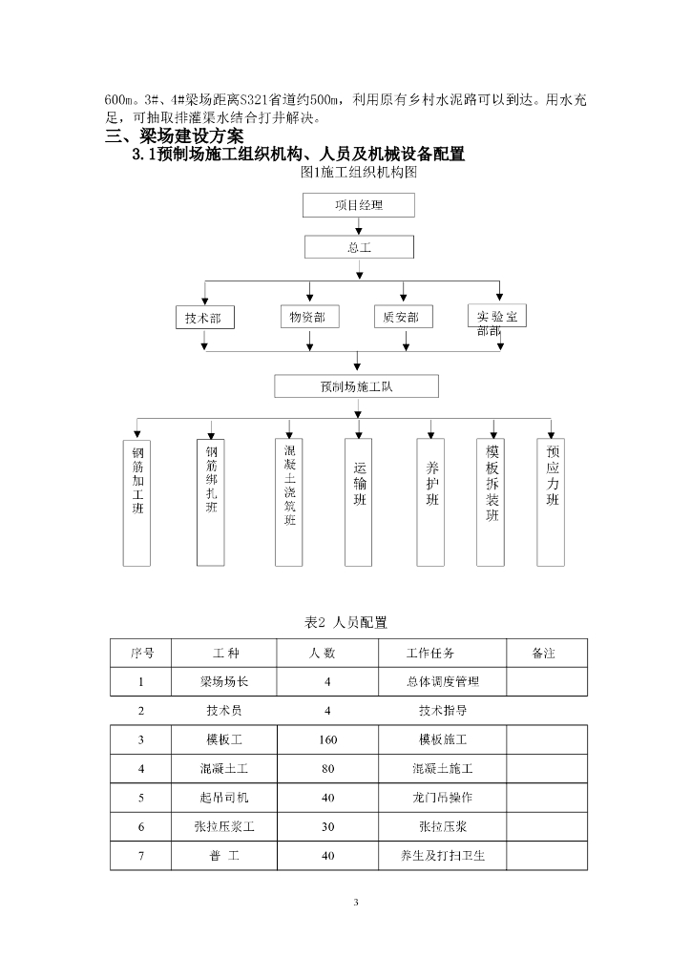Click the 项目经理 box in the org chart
click(358, 205)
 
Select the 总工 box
click(358, 247)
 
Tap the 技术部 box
click(203, 318)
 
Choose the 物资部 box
click(307, 317)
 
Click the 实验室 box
click(497, 317)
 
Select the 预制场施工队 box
click(357, 386)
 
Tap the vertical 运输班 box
click(358, 501)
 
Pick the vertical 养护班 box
click(431, 501)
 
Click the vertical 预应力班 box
click(552, 501)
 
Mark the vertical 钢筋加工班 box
click(138, 501)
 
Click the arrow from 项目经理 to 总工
click(358, 226)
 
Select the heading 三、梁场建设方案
click(174, 137)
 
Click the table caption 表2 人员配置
click(345, 622)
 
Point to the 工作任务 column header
click(430, 654)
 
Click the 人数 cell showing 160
click(328, 739)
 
